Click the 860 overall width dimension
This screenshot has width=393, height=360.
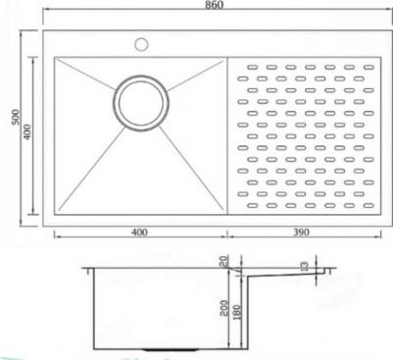coord(215,5)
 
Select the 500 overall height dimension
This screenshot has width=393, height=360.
coord(16,117)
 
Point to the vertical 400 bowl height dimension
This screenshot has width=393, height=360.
coord(27,132)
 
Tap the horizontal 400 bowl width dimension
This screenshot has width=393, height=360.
coord(139,232)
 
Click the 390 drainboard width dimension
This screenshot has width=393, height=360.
coord(301,232)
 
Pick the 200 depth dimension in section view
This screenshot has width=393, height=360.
coord(224,308)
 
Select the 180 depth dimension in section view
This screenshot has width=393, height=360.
coord(237,312)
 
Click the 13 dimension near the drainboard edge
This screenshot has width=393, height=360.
coord(305,267)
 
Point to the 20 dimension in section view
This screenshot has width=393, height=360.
coord(224,262)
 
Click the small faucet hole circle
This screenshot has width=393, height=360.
coord(141,44)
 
